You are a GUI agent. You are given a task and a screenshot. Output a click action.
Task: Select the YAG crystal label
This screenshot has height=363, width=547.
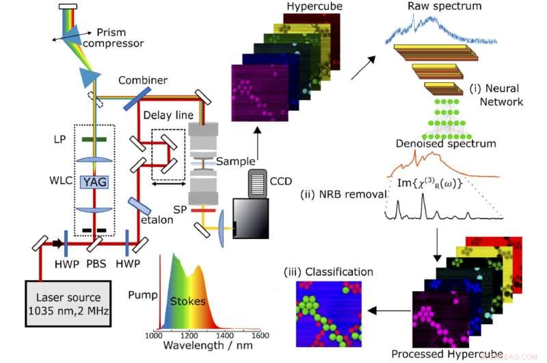94,181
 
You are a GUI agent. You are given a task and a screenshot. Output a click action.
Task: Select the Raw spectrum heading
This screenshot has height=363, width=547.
445,7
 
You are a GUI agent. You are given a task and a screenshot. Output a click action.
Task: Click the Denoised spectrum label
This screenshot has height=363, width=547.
445,144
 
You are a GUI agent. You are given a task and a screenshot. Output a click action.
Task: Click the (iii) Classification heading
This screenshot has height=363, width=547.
328,271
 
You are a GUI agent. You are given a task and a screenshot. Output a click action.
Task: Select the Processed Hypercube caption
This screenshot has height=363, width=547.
446,354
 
